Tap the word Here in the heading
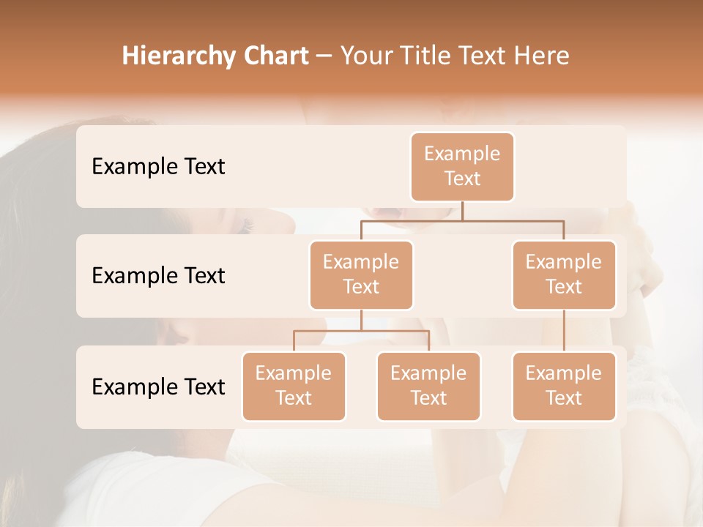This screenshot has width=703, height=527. [x=543, y=56]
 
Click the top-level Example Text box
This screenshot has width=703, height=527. [x=462, y=167]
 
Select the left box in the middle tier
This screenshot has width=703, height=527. [x=361, y=275]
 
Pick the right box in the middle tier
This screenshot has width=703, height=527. [x=564, y=275]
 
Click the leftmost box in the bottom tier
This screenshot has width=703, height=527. [x=294, y=386]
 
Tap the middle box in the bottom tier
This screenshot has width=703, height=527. [x=428, y=386]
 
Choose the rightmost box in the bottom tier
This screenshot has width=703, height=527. [x=564, y=386]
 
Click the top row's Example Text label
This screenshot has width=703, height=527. [x=158, y=167]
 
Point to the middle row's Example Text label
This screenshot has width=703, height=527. [x=158, y=276]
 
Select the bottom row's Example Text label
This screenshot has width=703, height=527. [x=158, y=386]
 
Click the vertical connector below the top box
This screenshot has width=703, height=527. [x=462, y=211]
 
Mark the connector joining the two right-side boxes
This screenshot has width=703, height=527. [x=564, y=331]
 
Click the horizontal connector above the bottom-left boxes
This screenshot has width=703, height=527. [x=361, y=331]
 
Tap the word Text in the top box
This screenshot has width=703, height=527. [x=462, y=179]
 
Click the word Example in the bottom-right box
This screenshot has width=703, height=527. [x=563, y=374]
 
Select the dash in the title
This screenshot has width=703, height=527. [x=324, y=56]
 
